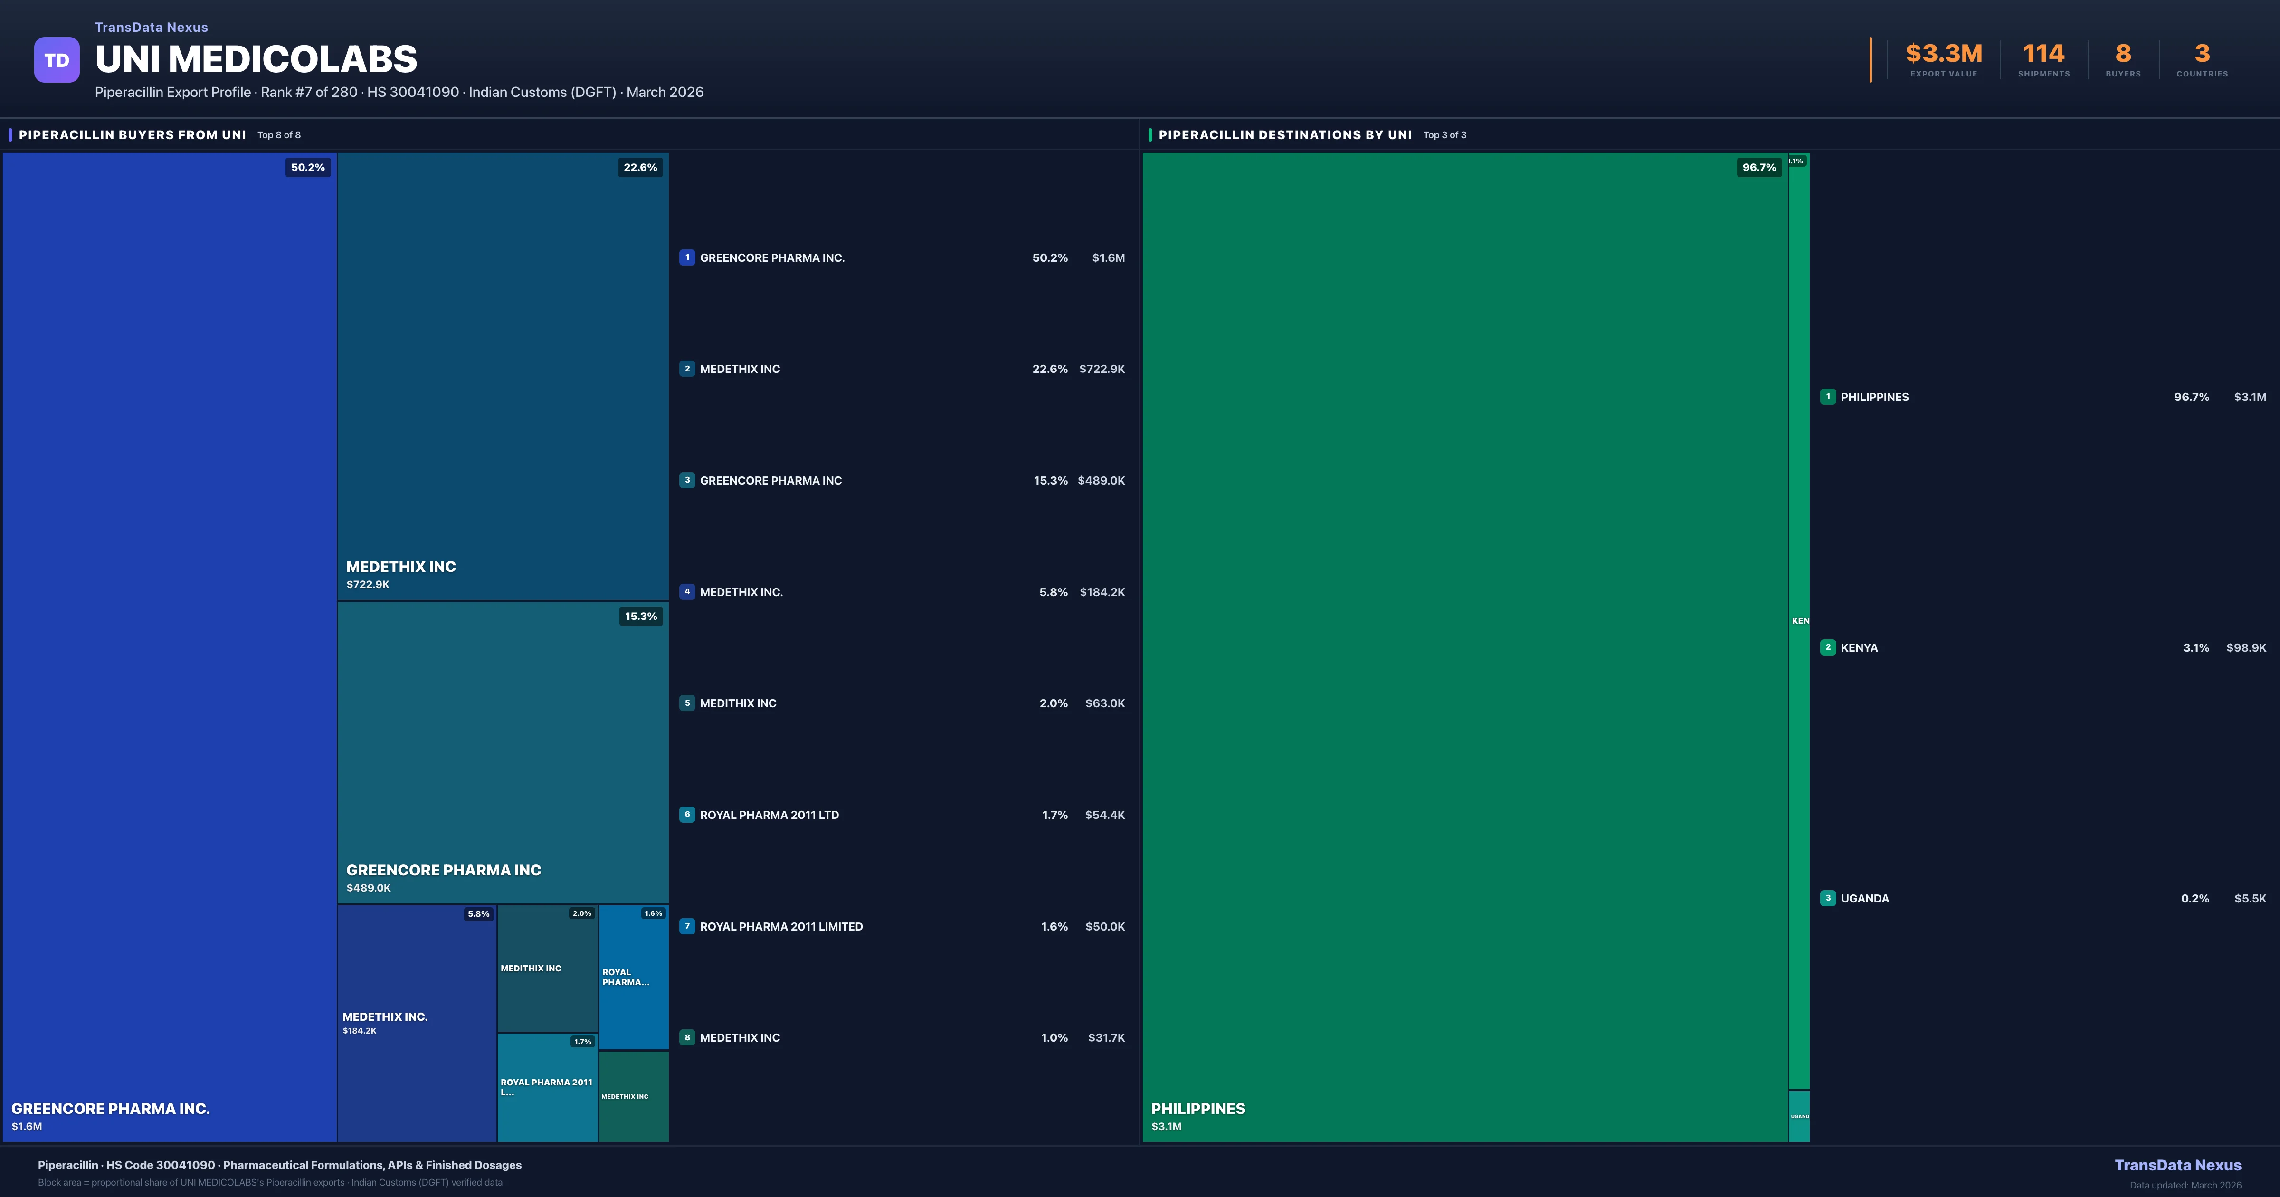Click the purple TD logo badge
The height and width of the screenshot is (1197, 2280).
57,60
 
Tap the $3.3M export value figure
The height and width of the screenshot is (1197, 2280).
1944,54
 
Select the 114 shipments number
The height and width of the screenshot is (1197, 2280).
2043,54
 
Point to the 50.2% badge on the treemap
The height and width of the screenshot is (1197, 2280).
308,167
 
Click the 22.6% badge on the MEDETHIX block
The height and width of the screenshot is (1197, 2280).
640,167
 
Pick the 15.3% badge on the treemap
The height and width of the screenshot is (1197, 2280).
641,616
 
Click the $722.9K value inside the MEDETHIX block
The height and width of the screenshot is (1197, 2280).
368,584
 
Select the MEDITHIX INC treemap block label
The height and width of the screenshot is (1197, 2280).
531,969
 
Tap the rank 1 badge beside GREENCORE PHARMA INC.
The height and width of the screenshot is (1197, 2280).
687,257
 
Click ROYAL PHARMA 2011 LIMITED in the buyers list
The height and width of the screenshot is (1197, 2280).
780,926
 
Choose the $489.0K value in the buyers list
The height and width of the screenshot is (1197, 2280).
1101,481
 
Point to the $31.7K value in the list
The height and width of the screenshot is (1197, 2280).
1106,1037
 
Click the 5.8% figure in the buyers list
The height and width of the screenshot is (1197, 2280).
1053,592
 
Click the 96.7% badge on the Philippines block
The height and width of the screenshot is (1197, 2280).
1758,167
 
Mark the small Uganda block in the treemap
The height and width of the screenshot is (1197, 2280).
1798,1116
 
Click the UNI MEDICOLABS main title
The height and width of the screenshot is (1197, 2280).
256,59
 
